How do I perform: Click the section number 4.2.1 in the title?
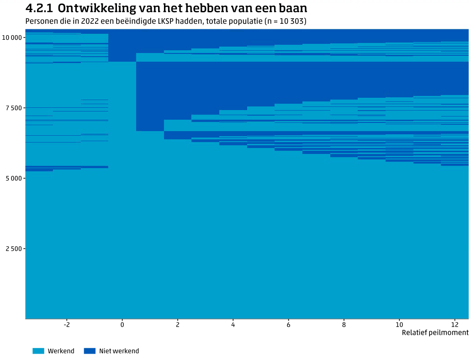pyautogui.click(x=39, y=8)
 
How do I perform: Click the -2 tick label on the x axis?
pyautogui.click(x=66, y=324)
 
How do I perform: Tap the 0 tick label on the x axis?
pyautogui.click(x=122, y=324)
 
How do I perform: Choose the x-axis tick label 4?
pyautogui.click(x=233, y=324)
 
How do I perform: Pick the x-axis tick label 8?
pyautogui.click(x=344, y=324)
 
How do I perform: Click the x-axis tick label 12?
pyautogui.click(x=454, y=324)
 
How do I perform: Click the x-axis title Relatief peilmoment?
pyautogui.click(x=435, y=333)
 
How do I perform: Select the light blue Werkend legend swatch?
pyautogui.click(x=38, y=351)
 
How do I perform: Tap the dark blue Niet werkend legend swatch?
pyautogui.click(x=90, y=351)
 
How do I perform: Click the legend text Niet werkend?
pyautogui.click(x=119, y=351)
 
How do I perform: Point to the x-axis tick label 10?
pyautogui.click(x=399, y=324)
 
